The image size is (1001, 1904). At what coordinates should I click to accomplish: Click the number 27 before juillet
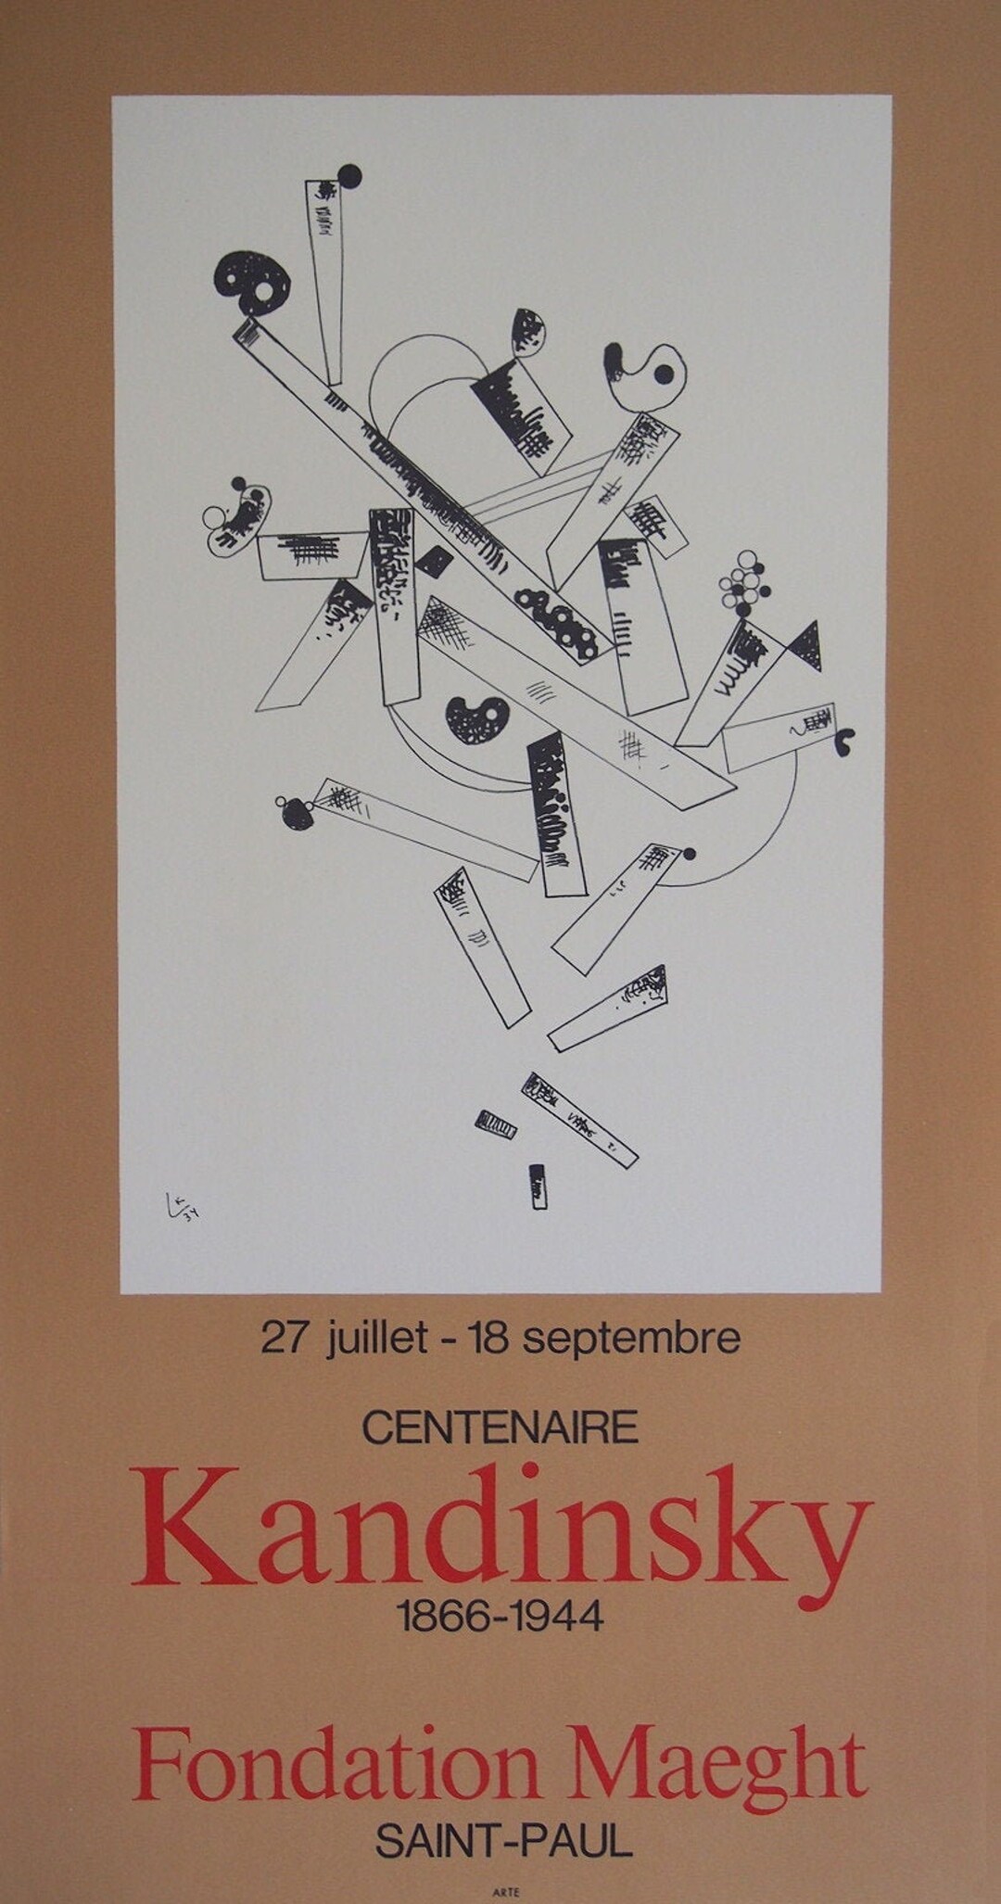284,1339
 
